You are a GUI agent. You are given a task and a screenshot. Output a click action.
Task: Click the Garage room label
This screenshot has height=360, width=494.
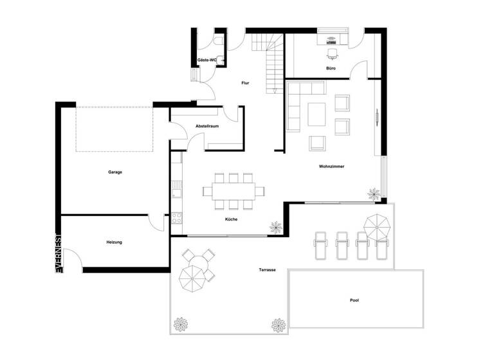click(115, 172)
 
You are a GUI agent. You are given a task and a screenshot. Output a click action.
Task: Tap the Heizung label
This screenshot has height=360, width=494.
click(114, 242)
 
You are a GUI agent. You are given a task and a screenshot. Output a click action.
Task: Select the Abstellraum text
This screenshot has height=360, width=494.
click(207, 126)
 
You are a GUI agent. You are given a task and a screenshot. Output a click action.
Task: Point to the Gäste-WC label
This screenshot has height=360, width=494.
click(206, 60)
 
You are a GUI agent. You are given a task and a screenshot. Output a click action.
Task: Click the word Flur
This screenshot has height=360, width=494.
click(245, 83)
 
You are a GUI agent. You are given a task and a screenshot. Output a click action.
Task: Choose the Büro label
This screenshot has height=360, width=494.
click(331, 67)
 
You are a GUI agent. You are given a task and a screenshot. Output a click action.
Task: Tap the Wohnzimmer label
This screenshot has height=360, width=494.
click(331, 166)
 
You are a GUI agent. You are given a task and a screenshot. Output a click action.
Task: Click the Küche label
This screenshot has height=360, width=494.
click(232, 220)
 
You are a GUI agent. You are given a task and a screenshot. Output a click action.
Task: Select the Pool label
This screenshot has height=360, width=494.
click(354, 300)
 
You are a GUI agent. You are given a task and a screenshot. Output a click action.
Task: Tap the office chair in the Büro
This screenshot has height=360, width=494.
click(333, 53)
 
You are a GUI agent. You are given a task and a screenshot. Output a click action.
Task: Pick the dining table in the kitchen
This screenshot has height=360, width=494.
click(233, 190)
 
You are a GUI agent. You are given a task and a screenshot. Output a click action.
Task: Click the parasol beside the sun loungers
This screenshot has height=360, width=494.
click(378, 225)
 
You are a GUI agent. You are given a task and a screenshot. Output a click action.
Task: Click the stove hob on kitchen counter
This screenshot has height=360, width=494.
click(176, 217)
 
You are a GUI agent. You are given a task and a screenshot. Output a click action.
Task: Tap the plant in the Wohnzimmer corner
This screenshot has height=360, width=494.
click(374, 193)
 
